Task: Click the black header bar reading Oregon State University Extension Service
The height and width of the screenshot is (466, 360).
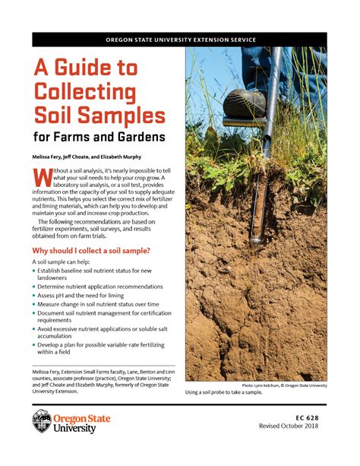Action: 180,40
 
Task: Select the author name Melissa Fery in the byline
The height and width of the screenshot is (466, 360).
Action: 52,155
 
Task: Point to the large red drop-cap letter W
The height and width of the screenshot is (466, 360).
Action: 43,176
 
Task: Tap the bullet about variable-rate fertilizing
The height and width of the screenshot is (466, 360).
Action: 104,348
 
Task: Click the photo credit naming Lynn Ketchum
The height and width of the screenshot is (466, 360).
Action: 284,385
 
